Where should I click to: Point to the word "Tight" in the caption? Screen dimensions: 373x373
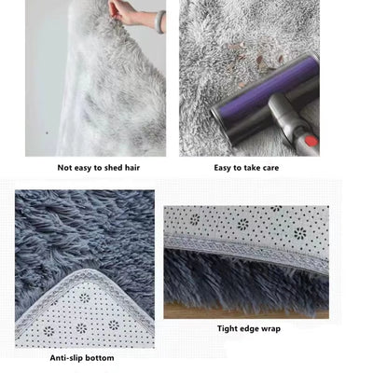coord(227,328)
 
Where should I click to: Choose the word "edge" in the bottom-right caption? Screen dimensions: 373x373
coord(252,328)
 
